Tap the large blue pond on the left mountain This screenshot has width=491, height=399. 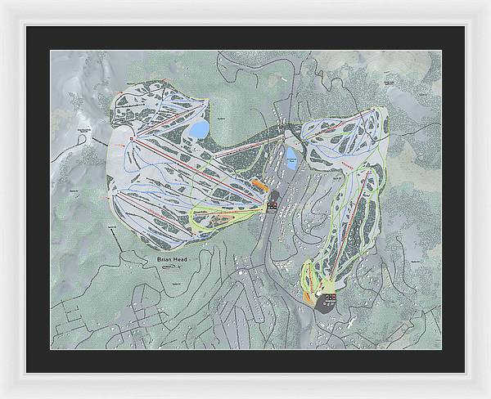(x=198, y=130)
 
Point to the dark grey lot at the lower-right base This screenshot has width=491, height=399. (x=327, y=307)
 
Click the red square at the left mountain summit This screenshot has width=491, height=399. (x=135, y=141)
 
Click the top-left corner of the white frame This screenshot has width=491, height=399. (x=2, y=2)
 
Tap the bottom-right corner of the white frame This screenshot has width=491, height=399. (x=488, y=396)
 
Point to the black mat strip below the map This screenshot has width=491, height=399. (x=245, y=361)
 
